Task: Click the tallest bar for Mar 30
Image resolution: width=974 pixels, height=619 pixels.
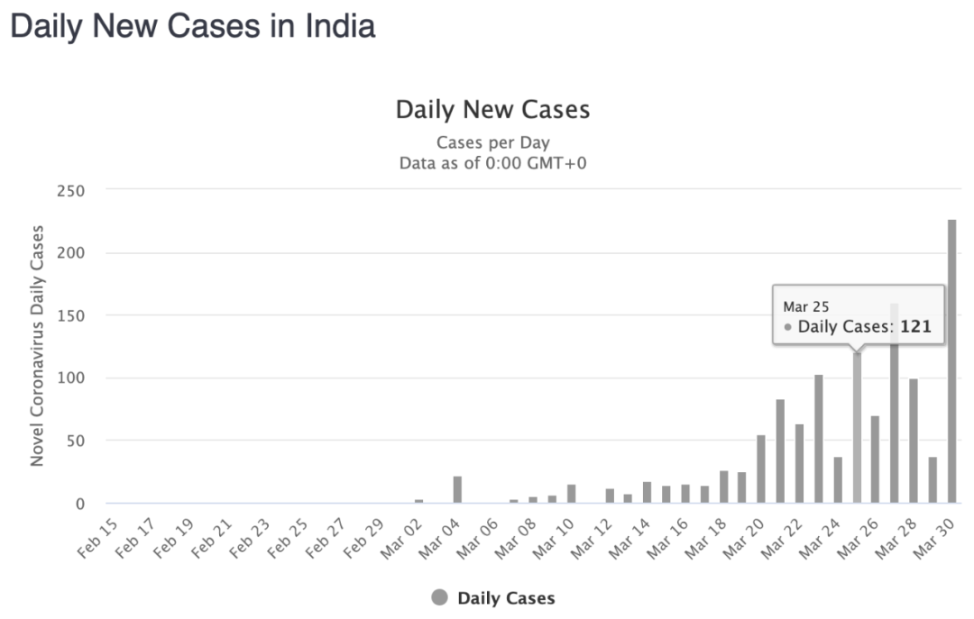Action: [x=951, y=360]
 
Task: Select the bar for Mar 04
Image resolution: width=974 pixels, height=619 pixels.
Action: [x=457, y=489]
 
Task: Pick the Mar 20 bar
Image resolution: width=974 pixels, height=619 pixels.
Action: [x=761, y=469]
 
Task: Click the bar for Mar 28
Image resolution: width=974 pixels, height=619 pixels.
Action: [x=914, y=441]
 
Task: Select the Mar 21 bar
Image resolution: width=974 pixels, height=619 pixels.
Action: [x=780, y=451]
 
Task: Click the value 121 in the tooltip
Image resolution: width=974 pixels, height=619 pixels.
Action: [x=914, y=328]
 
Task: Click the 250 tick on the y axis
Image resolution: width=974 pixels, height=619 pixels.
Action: [x=70, y=191]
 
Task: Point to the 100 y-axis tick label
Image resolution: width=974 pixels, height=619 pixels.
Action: [x=70, y=378]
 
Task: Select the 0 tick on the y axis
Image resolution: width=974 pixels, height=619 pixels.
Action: [x=80, y=504]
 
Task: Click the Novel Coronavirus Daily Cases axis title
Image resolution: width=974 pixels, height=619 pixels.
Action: [x=38, y=346]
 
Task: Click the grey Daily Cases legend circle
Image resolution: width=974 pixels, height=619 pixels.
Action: [x=440, y=598]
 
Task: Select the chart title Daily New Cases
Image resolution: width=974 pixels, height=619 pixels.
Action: [x=492, y=111]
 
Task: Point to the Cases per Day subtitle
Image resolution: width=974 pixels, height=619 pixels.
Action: [x=492, y=142]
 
